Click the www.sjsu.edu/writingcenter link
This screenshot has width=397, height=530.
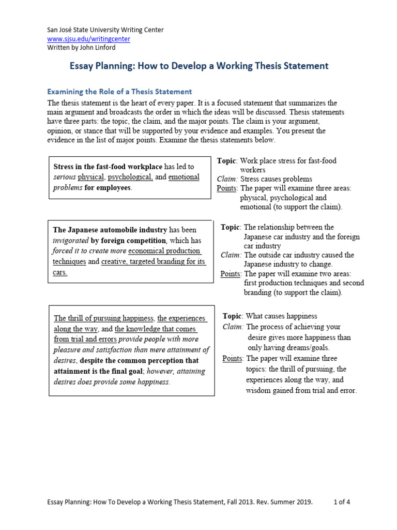coord(88,39)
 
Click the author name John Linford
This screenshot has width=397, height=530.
coord(100,48)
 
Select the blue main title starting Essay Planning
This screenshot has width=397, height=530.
coord(199,66)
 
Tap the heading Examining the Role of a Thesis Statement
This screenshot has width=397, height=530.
coord(119,92)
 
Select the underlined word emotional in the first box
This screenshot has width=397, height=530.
coord(184,177)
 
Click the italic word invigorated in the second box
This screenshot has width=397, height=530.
coord(72,241)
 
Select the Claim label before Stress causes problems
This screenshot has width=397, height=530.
coord(227,179)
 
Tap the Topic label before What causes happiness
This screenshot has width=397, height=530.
coord(233,316)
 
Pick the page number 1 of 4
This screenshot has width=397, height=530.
coord(342,502)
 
